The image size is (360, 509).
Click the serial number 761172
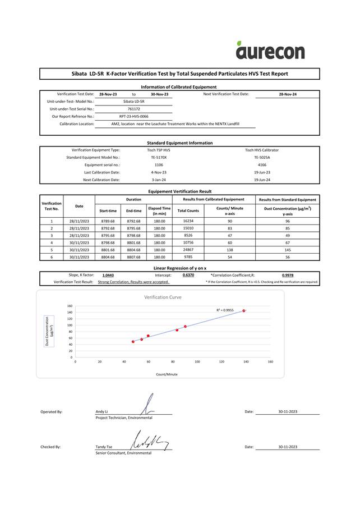(133, 109)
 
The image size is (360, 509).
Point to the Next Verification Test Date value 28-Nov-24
(287, 94)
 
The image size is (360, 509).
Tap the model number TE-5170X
(159, 158)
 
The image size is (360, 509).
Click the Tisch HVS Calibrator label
(262, 150)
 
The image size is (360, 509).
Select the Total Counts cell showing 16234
(188, 221)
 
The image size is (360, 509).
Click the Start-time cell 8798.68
(108, 242)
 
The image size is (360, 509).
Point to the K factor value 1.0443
(108, 276)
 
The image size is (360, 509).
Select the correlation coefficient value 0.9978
(287, 276)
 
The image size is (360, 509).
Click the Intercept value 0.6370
(188, 276)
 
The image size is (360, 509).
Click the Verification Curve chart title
(163, 297)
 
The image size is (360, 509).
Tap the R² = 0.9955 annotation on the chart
(225, 310)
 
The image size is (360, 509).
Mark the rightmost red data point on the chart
(244, 310)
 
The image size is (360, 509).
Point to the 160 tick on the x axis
(270, 362)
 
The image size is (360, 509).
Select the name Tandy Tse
(104, 447)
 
